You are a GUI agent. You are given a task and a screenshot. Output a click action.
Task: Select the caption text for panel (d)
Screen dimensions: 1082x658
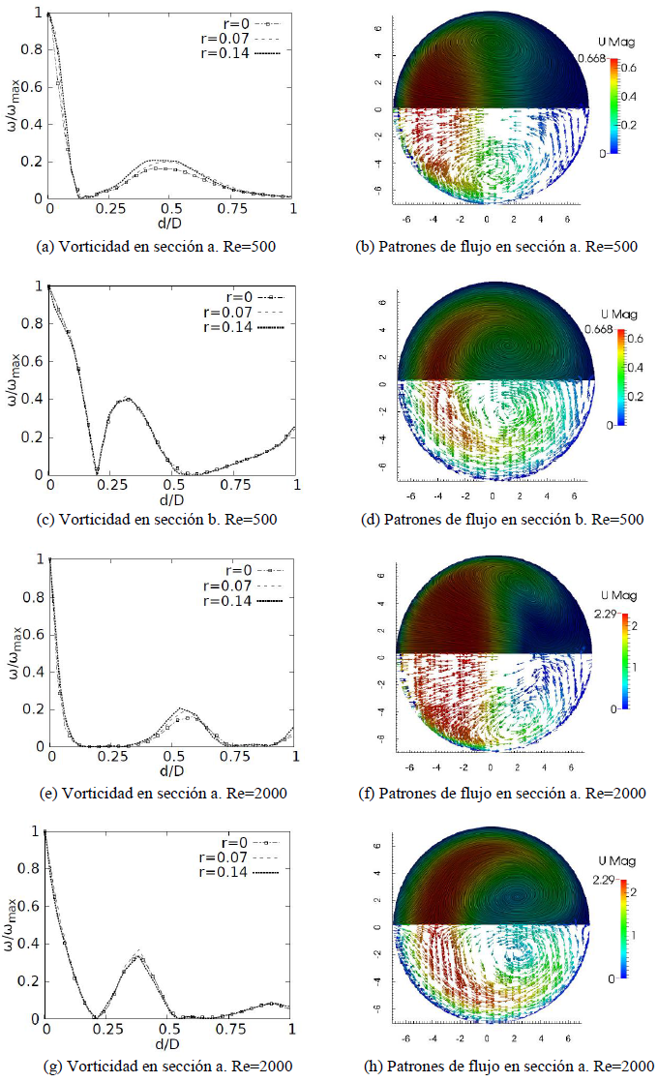[499, 520]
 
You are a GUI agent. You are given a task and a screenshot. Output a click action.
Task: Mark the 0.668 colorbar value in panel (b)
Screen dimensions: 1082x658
[590, 59]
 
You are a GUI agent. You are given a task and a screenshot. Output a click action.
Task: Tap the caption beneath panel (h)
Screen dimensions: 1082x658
[500, 1066]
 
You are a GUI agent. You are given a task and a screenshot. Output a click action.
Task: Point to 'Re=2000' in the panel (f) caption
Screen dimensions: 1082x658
[618, 794]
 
